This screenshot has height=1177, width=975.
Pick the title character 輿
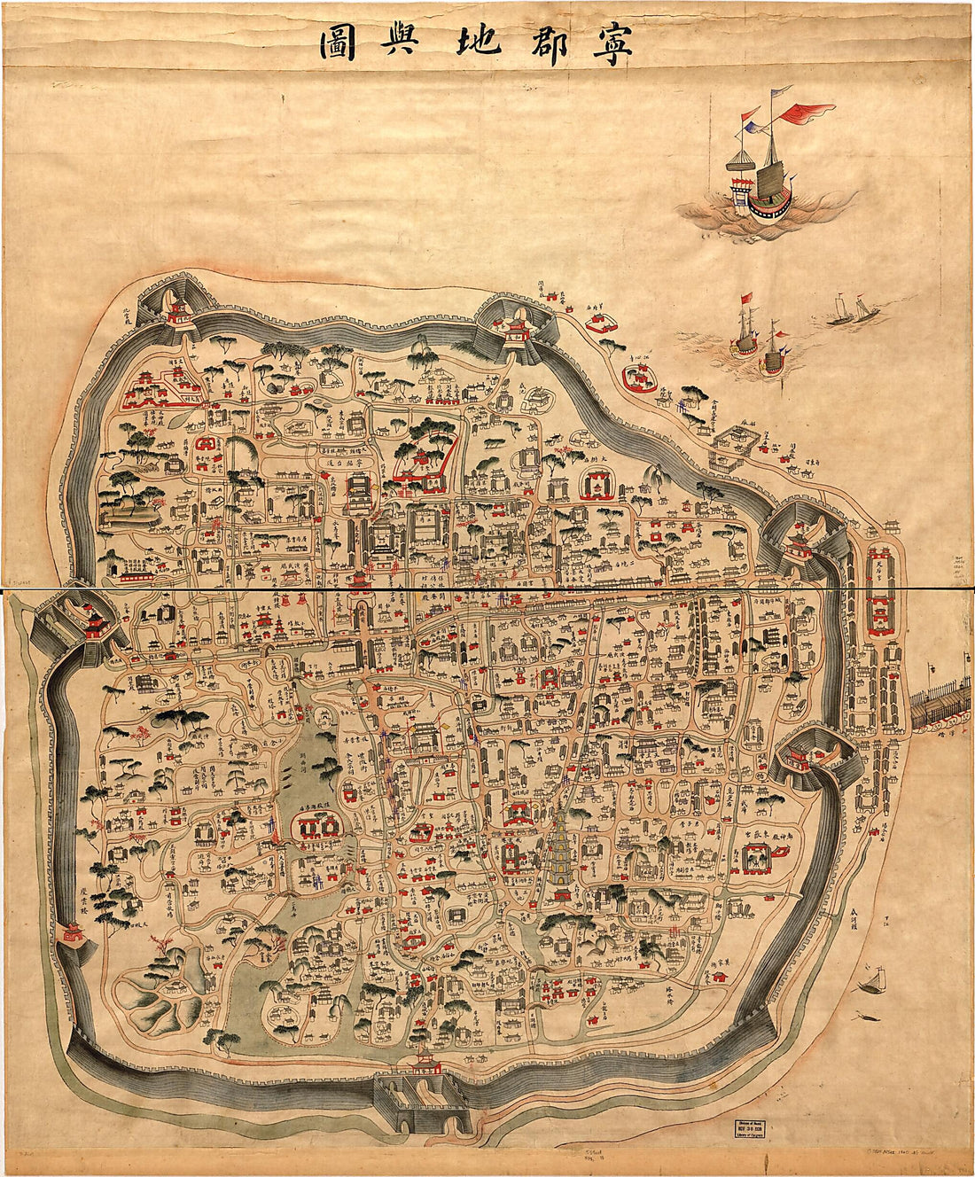(406, 43)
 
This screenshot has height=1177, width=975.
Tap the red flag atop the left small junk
(746, 298)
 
